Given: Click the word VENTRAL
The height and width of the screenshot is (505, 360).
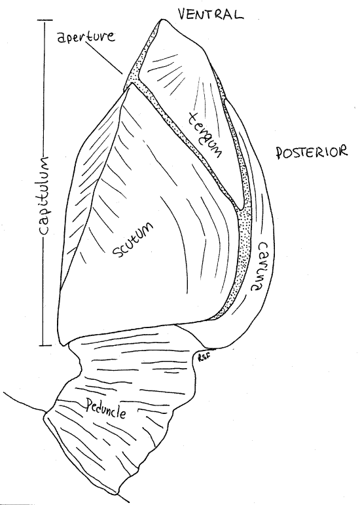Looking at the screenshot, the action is [x=210, y=14].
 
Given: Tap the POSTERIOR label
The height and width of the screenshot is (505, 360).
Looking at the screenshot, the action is [x=312, y=152].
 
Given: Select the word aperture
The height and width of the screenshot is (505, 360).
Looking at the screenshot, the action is [x=86, y=37].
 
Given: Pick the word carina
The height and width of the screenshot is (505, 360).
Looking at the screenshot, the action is [x=259, y=267].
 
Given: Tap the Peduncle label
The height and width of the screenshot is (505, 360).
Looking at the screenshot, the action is [x=105, y=410].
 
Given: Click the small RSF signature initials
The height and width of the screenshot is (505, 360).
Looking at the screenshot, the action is [x=201, y=358].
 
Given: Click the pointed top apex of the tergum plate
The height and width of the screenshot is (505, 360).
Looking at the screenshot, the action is [x=161, y=20].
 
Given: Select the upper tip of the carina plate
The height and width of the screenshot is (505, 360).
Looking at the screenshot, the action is [x=226, y=100].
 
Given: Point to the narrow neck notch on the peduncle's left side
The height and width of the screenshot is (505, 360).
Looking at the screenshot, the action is [x=79, y=358].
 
